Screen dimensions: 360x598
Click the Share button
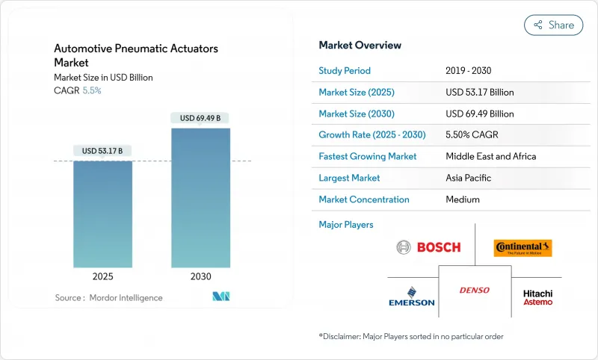click(x=553, y=25)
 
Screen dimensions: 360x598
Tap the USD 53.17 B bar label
click(x=102, y=151)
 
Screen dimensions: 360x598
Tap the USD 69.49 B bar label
click(x=200, y=118)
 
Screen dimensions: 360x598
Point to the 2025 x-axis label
click(x=102, y=276)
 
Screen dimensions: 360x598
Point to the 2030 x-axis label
click(x=200, y=276)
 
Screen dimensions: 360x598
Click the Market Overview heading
click(x=360, y=46)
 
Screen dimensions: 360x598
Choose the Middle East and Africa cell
click(x=491, y=157)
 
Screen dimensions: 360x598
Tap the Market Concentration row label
click(x=363, y=199)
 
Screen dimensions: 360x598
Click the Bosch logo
click(x=428, y=247)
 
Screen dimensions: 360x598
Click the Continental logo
click(x=523, y=247)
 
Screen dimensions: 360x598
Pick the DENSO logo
click(x=475, y=290)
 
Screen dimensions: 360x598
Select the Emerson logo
click(x=411, y=296)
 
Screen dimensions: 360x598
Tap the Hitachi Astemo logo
click(x=537, y=297)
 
